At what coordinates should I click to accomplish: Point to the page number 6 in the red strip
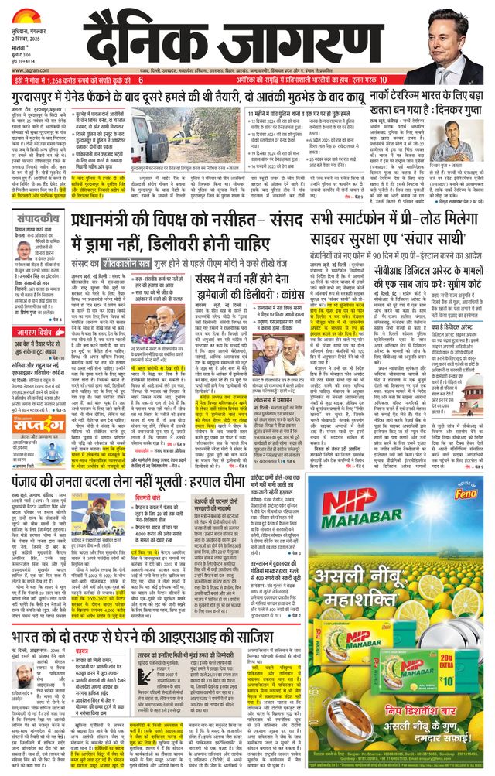pos(141,80)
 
